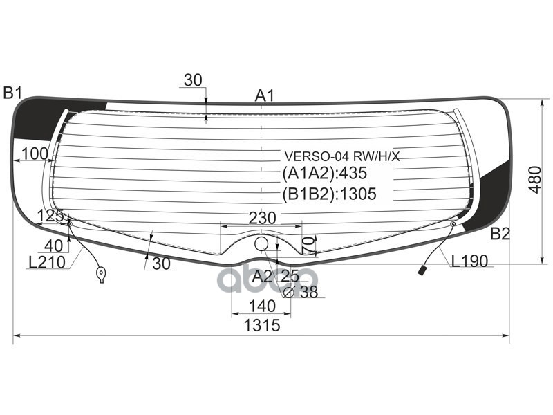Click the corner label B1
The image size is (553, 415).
13,92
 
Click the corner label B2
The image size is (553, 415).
500,234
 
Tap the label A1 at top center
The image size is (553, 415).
265,95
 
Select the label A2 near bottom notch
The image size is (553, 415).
262,277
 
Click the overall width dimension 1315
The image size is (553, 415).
261,326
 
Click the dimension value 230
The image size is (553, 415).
262,218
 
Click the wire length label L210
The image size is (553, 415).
46,262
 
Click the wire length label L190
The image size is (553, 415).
470,261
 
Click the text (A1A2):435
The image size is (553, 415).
324,174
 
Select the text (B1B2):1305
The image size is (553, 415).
328,194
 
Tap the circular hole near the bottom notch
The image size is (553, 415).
261,243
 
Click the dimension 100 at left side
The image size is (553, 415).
35,154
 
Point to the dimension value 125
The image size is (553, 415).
50,216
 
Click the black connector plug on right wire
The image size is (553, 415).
422,270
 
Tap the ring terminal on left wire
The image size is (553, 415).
102,275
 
